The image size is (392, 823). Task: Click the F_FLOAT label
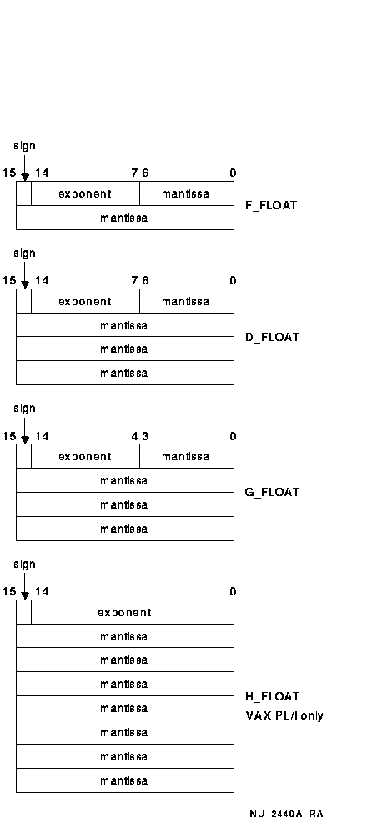[271, 205]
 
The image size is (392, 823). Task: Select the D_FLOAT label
[272, 337]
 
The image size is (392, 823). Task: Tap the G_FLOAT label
[272, 492]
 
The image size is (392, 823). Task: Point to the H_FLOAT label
[272, 696]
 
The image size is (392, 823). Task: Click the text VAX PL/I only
[284, 715]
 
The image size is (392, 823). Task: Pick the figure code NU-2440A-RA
[286, 814]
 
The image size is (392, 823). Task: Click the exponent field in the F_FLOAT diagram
[85, 193]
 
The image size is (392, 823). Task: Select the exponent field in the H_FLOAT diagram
[133, 612]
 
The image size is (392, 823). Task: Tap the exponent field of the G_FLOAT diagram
[85, 456]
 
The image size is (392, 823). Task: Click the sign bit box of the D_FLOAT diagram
[23, 301]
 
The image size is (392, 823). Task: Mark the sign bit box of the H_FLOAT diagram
[23, 612]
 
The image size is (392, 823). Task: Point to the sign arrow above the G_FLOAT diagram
[25, 430]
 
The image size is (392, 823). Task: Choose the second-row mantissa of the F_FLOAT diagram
[125, 218]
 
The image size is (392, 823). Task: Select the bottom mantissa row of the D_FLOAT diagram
[125, 373]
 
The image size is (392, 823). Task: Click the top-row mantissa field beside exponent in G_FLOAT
[187, 456]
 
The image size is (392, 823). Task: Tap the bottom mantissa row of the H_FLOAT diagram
[125, 780]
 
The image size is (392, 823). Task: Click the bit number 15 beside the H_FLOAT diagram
[9, 591]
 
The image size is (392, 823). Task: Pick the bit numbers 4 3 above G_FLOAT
[139, 436]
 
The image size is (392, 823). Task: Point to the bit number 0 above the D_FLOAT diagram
[233, 281]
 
